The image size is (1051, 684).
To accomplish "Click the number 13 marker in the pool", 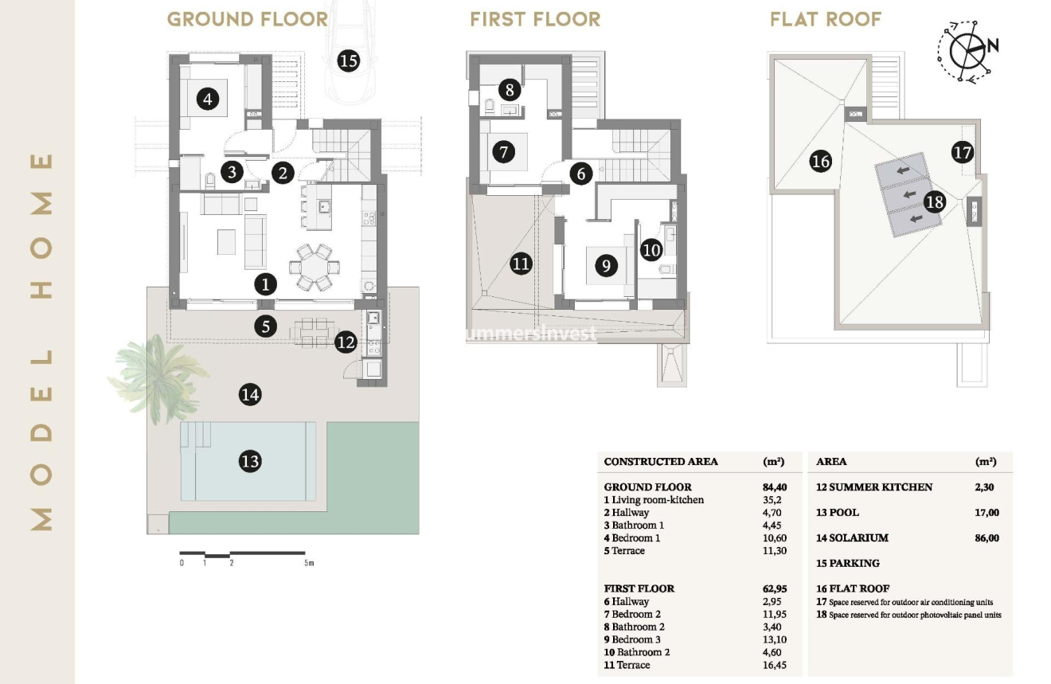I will [x=249, y=461].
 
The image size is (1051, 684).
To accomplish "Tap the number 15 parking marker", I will [x=348, y=61].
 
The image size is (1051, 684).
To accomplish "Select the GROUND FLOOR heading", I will [x=247, y=19].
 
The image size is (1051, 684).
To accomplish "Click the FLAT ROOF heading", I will [x=826, y=19].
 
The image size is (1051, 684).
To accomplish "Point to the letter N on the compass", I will [x=992, y=45].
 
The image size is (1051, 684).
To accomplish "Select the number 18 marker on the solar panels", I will [x=934, y=201].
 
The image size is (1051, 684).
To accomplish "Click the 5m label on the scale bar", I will [x=309, y=563].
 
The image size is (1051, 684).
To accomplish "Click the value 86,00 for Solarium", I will [x=986, y=538].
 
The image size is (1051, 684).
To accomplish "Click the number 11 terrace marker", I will [x=521, y=264].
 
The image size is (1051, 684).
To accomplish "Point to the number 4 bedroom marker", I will [x=207, y=100].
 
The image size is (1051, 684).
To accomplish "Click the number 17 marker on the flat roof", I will [x=963, y=151].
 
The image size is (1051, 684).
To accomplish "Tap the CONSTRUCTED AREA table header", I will [x=661, y=462].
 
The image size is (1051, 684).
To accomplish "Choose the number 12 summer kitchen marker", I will [x=346, y=342].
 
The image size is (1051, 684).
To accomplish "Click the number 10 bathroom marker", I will [x=651, y=250].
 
